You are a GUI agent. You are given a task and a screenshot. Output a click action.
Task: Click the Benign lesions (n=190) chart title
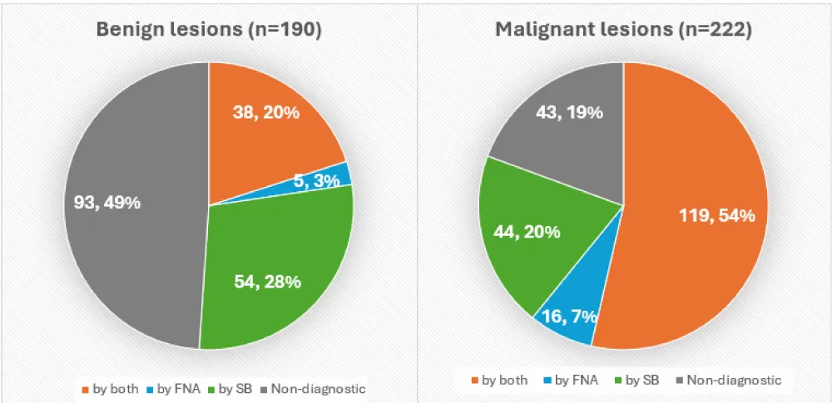(209, 29)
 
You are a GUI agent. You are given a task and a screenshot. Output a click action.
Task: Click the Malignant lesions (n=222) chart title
(623, 29)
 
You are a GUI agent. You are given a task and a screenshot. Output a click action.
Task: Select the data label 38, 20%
(266, 112)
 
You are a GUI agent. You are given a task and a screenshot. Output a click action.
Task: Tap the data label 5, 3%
(317, 179)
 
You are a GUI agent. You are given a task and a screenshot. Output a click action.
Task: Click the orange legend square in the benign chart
(85, 388)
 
